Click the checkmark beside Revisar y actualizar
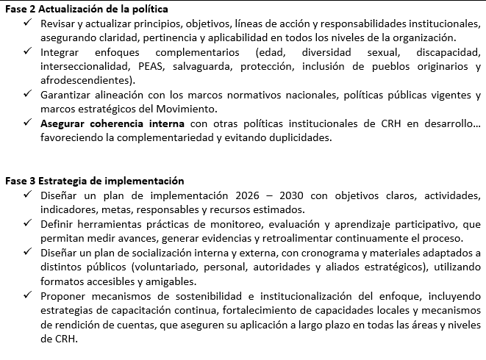coord(28,24)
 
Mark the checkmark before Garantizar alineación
coord(28,95)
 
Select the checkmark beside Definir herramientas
coord(28,223)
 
